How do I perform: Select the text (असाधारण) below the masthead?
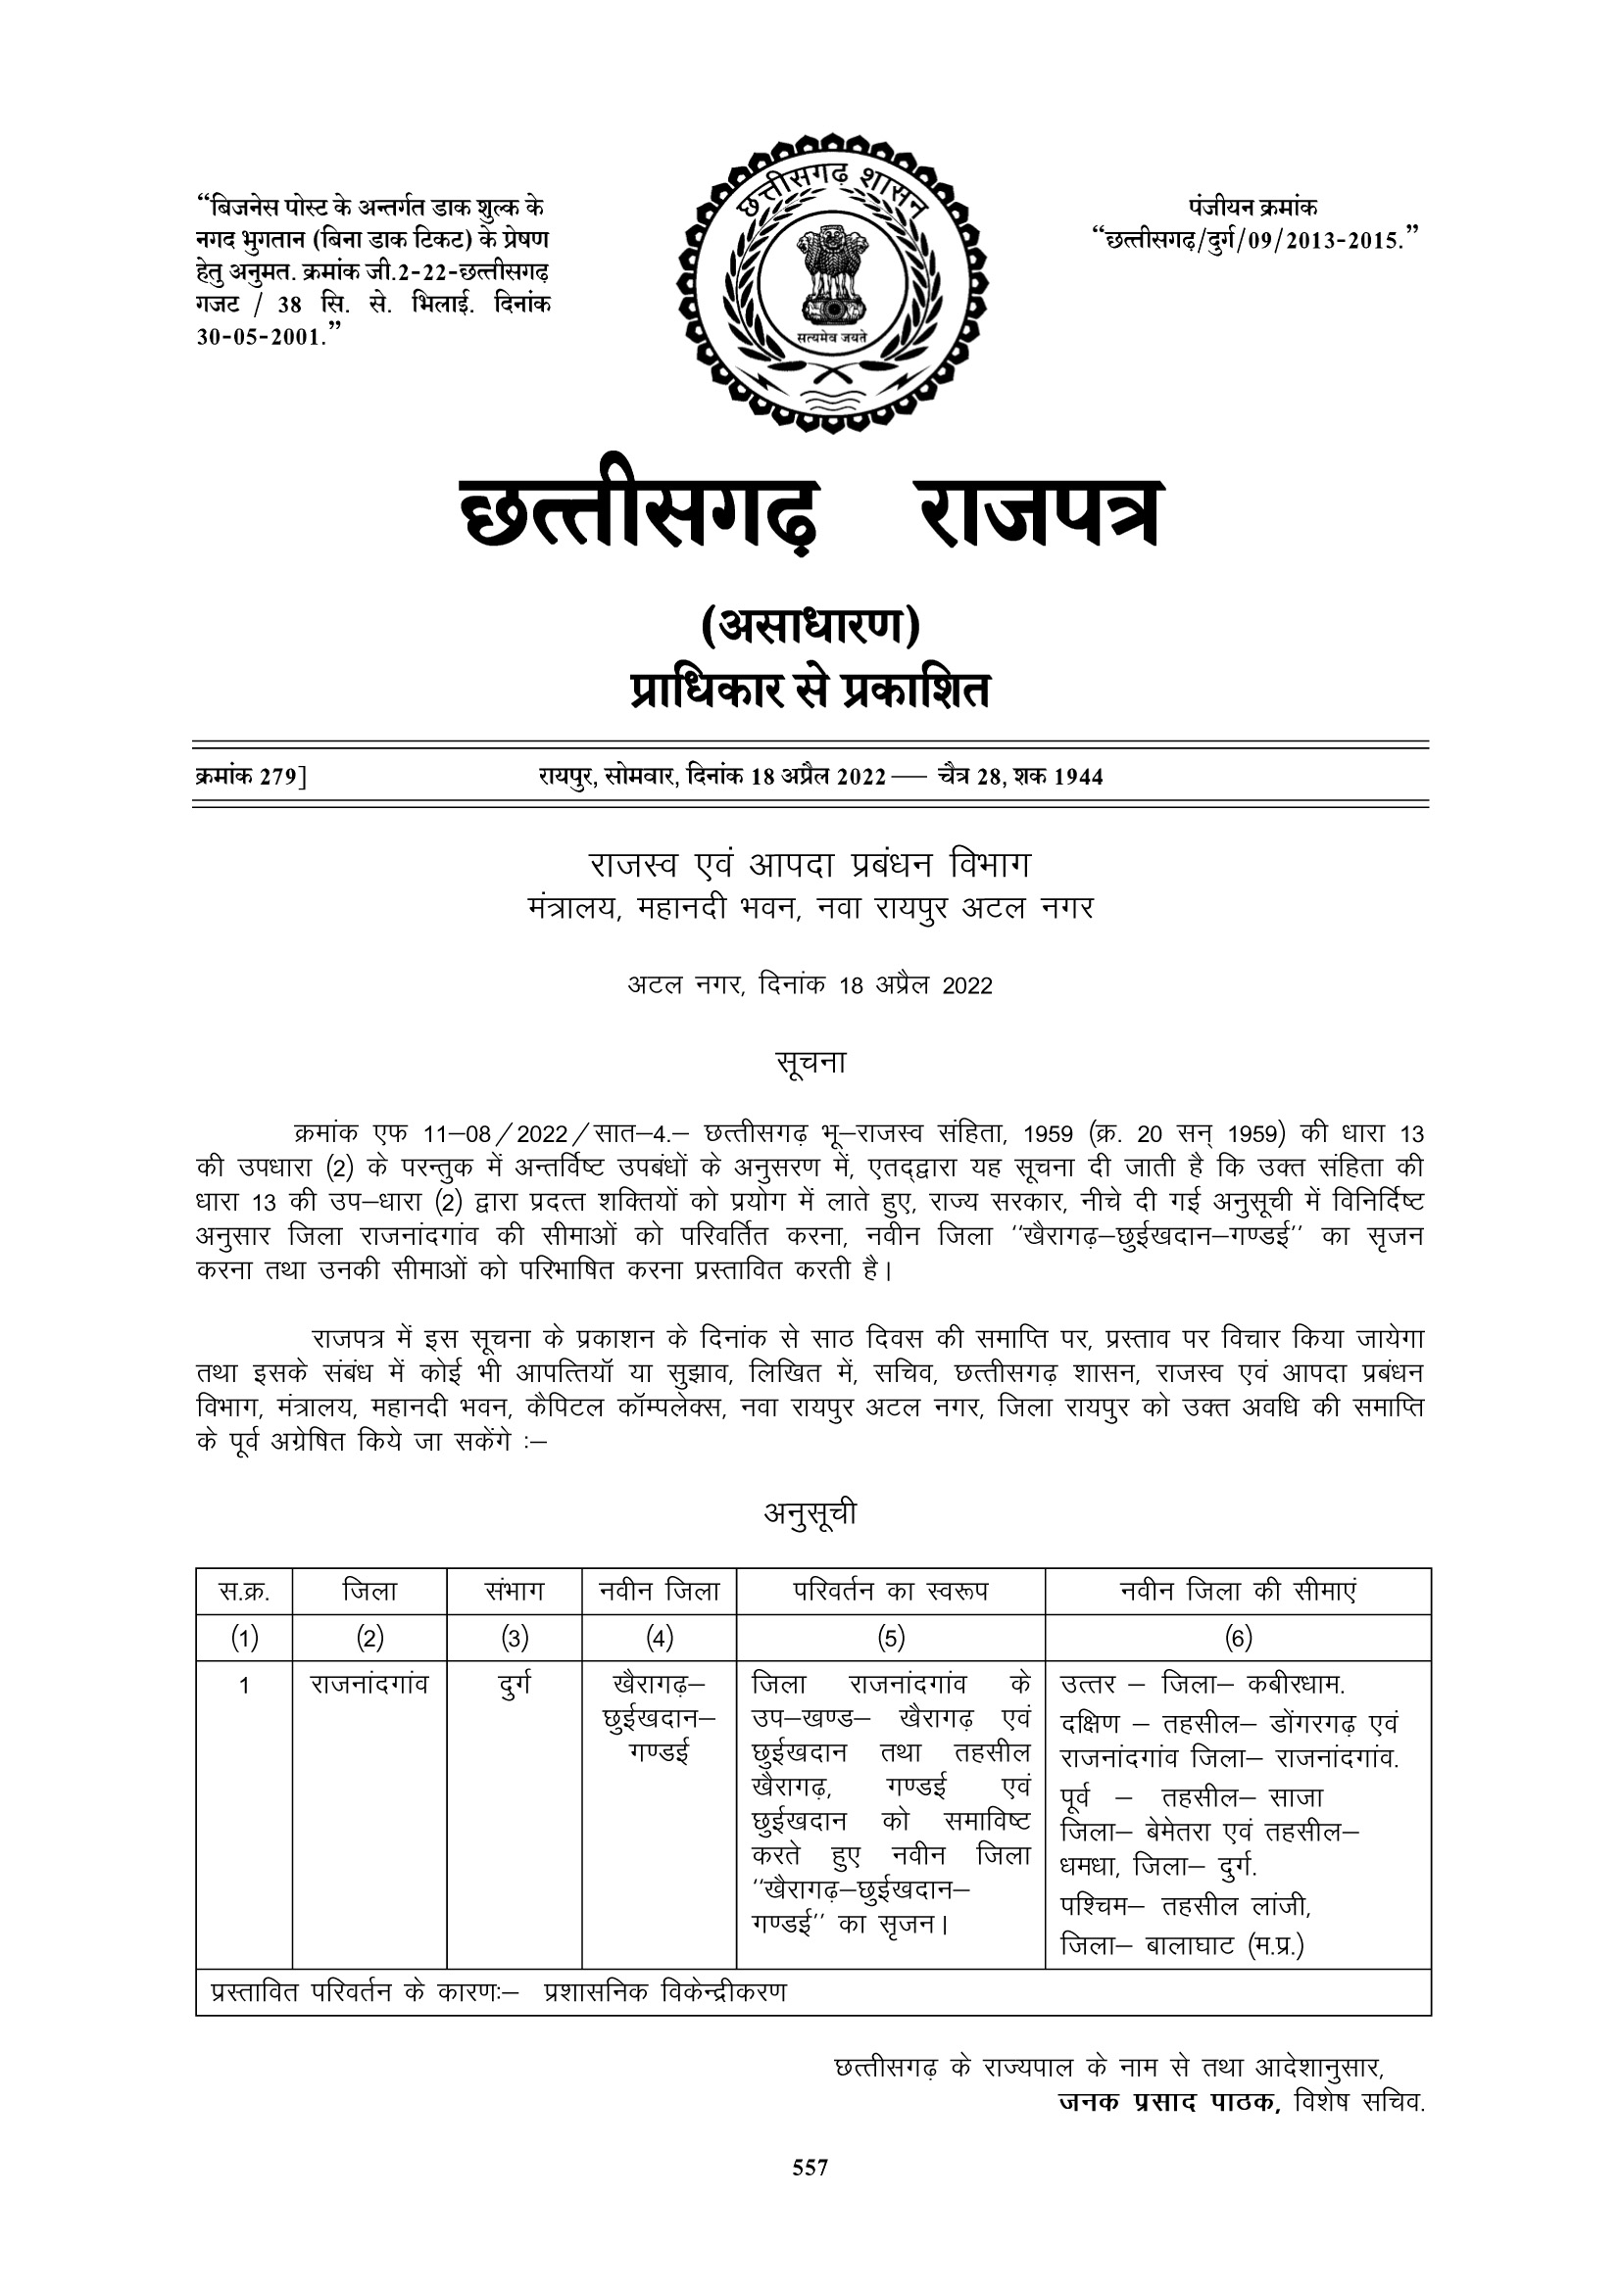(810, 627)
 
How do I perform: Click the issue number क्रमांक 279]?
(251, 777)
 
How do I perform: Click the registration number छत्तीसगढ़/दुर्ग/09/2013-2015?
(1254, 239)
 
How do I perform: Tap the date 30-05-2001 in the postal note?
(262, 336)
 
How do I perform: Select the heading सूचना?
(810, 1063)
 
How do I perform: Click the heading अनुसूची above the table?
(810, 1514)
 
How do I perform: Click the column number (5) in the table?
(890, 1638)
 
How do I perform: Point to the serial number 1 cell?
(244, 1687)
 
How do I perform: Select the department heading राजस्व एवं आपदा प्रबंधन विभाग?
(810, 865)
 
